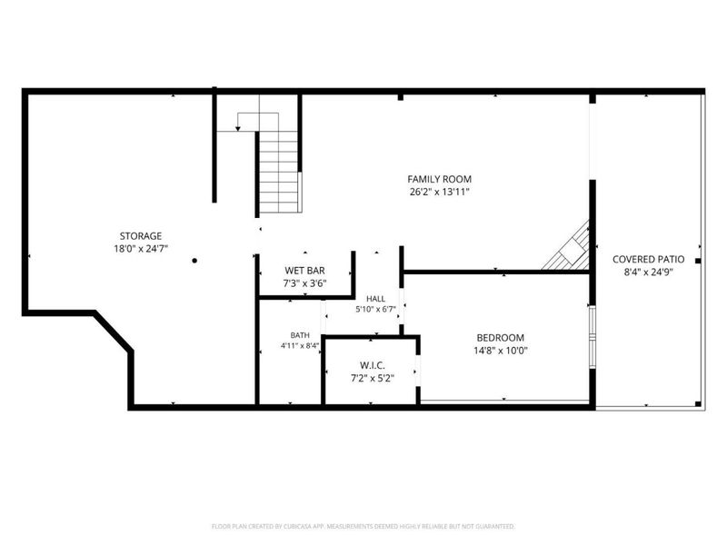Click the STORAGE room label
(x=141, y=236)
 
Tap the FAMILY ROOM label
(x=440, y=179)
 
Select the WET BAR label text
(x=304, y=270)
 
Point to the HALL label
(x=375, y=299)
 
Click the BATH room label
(x=300, y=335)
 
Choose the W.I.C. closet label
(x=373, y=365)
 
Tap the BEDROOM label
(x=501, y=338)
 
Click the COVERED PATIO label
(x=648, y=259)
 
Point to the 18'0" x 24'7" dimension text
(x=141, y=249)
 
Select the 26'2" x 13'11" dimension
(x=440, y=192)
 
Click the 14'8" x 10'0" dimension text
(x=501, y=351)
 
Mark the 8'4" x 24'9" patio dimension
(x=648, y=272)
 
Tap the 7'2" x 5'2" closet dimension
(x=373, y=378)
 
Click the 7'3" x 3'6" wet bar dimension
(x=304, y=283)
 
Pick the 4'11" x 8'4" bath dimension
(x=300, y=345)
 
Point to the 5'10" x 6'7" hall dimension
(x=375, y=309)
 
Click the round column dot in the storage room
(x=194, y=261)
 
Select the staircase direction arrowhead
(x=238, y=128)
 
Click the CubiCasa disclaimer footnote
(x=363, y=527)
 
